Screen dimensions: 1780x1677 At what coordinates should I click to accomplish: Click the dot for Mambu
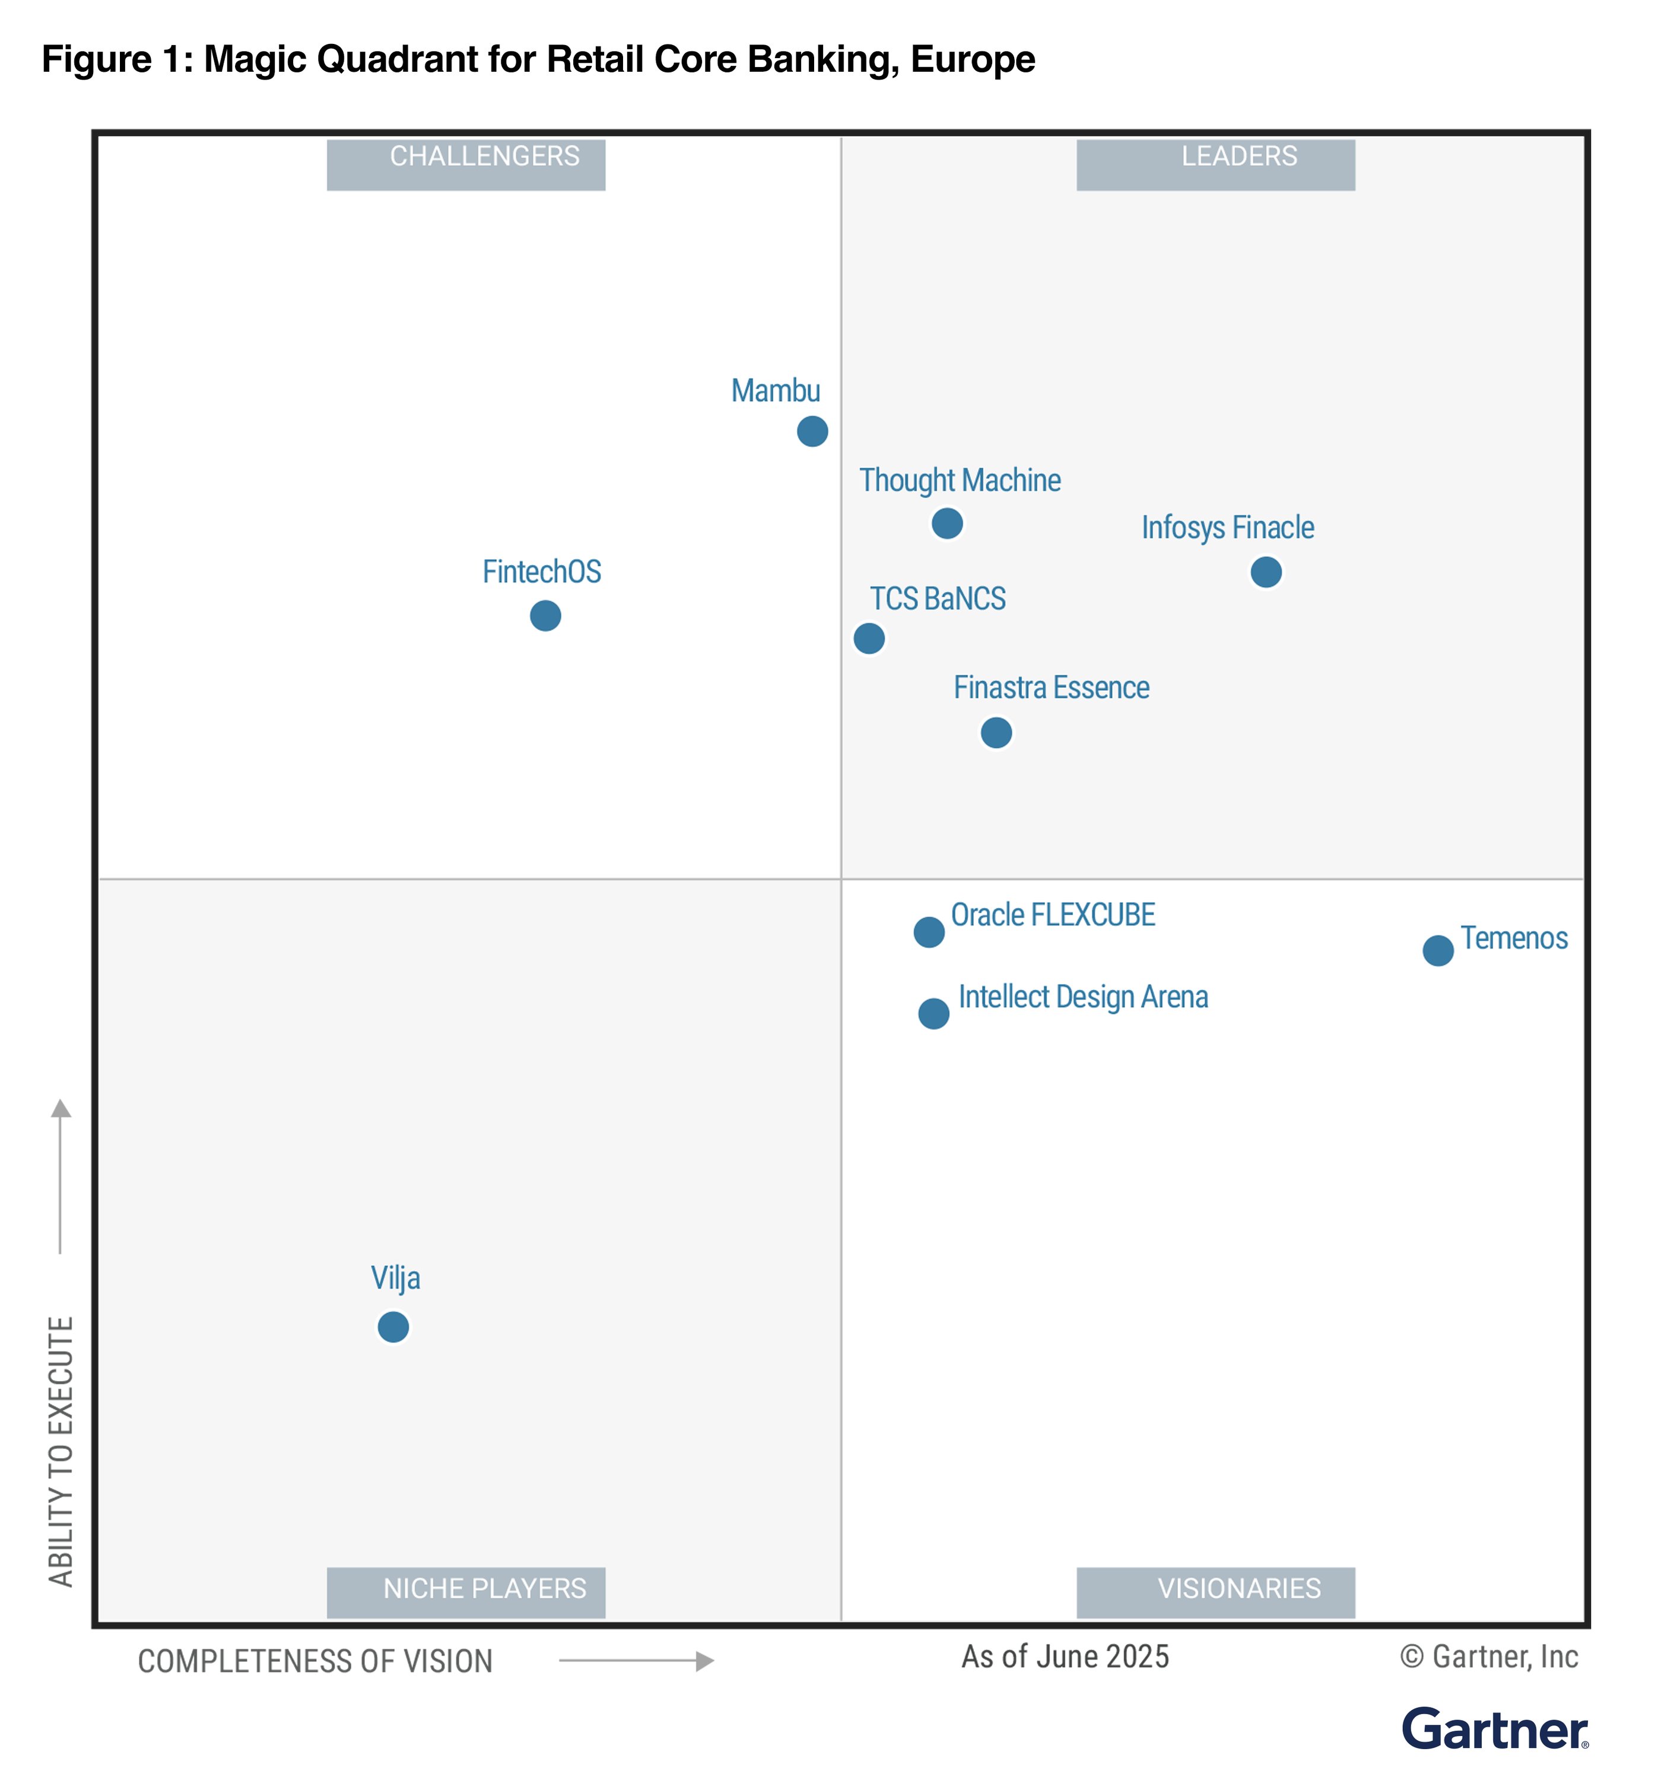click(812, 431)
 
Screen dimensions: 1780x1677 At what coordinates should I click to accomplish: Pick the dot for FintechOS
click(545, 616)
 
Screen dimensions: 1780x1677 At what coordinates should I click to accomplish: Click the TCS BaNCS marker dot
click(869, 639)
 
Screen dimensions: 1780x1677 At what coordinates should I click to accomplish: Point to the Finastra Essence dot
click(996, 732)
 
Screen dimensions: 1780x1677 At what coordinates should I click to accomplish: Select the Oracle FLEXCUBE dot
click(929, 932)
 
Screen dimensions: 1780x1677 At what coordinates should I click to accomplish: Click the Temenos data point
click(1438, 950)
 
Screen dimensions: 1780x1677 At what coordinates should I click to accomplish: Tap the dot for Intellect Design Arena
click(934, 1014)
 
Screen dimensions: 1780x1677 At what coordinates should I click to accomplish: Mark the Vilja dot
click(393, 1327)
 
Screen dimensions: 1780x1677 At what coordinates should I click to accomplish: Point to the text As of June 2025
click(1065, 1657)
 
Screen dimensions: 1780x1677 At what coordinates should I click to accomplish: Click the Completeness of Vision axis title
click(315, 1662)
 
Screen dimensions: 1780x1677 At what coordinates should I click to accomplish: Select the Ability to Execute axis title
click(61, 1451)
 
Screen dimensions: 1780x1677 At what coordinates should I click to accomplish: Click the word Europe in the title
click(973, 60)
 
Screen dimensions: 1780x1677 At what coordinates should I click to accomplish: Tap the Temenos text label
click(1514, 938)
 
